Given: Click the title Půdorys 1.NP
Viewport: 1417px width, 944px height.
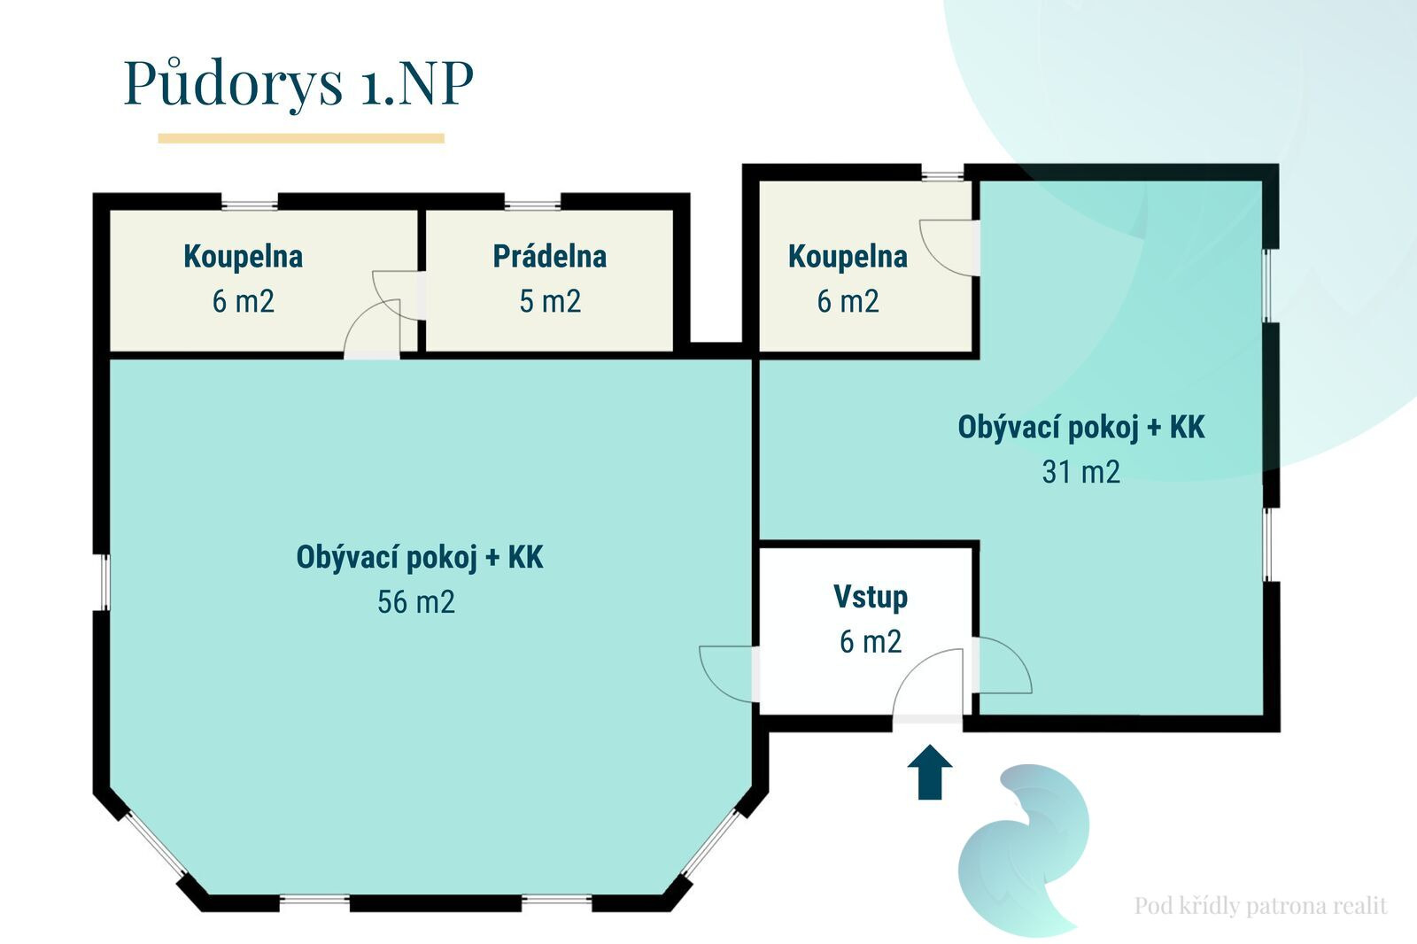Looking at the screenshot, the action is tap(298, 83).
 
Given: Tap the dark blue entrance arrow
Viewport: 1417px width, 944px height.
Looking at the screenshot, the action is tap(930, 772).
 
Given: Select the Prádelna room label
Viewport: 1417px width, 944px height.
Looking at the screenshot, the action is tap(550, 256).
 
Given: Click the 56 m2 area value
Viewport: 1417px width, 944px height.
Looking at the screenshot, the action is tap(416, 601).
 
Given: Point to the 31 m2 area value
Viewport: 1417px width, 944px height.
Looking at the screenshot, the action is tap(1081, 471).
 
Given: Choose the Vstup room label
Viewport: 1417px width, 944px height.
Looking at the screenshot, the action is tap(871, 597).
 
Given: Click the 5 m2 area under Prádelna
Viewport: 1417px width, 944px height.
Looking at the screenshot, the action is tap(550, 301).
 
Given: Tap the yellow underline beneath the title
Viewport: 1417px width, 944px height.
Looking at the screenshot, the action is tap(301, 138).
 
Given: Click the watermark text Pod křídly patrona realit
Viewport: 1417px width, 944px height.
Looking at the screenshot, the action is tap(1261, 906).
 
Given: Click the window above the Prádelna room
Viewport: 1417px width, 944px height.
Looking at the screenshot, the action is tap(532, 204).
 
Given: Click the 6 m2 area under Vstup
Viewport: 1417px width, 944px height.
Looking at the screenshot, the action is tap(871, 641).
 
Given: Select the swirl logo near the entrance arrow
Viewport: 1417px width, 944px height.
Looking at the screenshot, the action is tap(1024, 850).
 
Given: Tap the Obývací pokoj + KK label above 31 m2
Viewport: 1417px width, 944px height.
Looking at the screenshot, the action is tap(1081, 427).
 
